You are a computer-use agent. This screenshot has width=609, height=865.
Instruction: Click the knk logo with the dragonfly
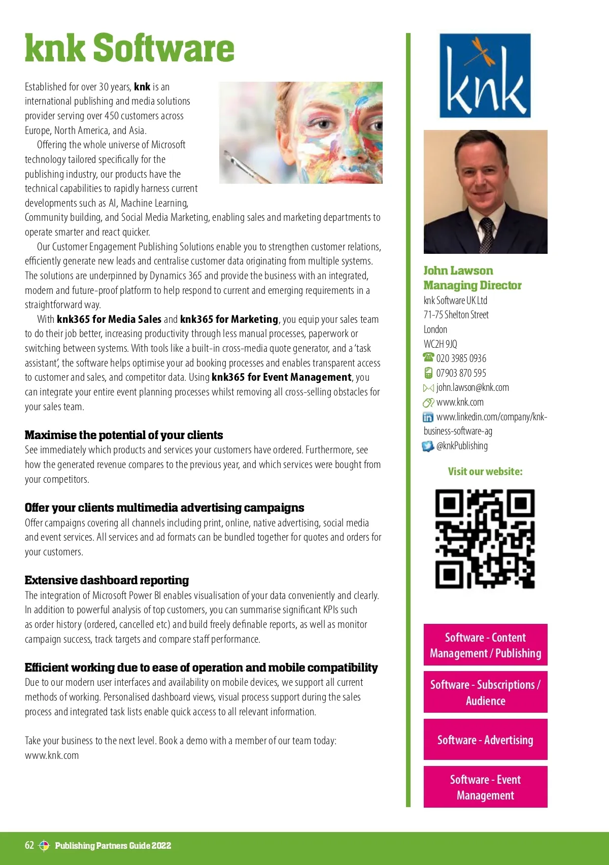click(x=485, y=76)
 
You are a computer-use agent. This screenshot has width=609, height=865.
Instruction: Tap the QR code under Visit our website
click(x=485, y=539)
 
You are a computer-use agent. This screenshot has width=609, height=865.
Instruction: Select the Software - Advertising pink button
click(x=485, y=740)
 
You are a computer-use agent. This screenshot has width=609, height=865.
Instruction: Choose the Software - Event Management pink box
click(x=485, y=787)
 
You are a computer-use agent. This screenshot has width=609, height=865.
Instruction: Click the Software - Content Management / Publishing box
click(x=485, y=645)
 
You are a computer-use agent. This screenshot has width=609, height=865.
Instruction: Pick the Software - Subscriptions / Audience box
click(x=485, y=692)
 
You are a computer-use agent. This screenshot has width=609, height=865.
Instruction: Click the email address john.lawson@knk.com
click(x=472, y=387)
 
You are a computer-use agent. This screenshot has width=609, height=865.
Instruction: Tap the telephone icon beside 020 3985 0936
click(x=428, y=358)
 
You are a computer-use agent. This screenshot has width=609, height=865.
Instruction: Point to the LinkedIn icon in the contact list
click(x=428, y=417)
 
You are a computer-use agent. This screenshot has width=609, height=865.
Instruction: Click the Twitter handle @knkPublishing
click(x=462, y=446)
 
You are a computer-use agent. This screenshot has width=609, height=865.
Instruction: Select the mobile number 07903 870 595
click(x=461, y=373)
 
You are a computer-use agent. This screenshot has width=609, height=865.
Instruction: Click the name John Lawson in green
click(x=458, y=271)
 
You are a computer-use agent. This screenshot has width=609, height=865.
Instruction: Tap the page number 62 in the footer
click(x=29, y=845)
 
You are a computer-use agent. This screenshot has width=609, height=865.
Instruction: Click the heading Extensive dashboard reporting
click(x=107, y=580)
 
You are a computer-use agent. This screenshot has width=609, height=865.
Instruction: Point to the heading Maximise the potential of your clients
click(x=124, y=435)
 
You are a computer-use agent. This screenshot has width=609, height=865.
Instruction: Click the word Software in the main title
click(x=163, y=48)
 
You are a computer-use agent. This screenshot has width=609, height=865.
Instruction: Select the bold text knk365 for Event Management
click(x=281, y=377)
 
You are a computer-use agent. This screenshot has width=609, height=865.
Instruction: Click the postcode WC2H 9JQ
click(x=441, y=344)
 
